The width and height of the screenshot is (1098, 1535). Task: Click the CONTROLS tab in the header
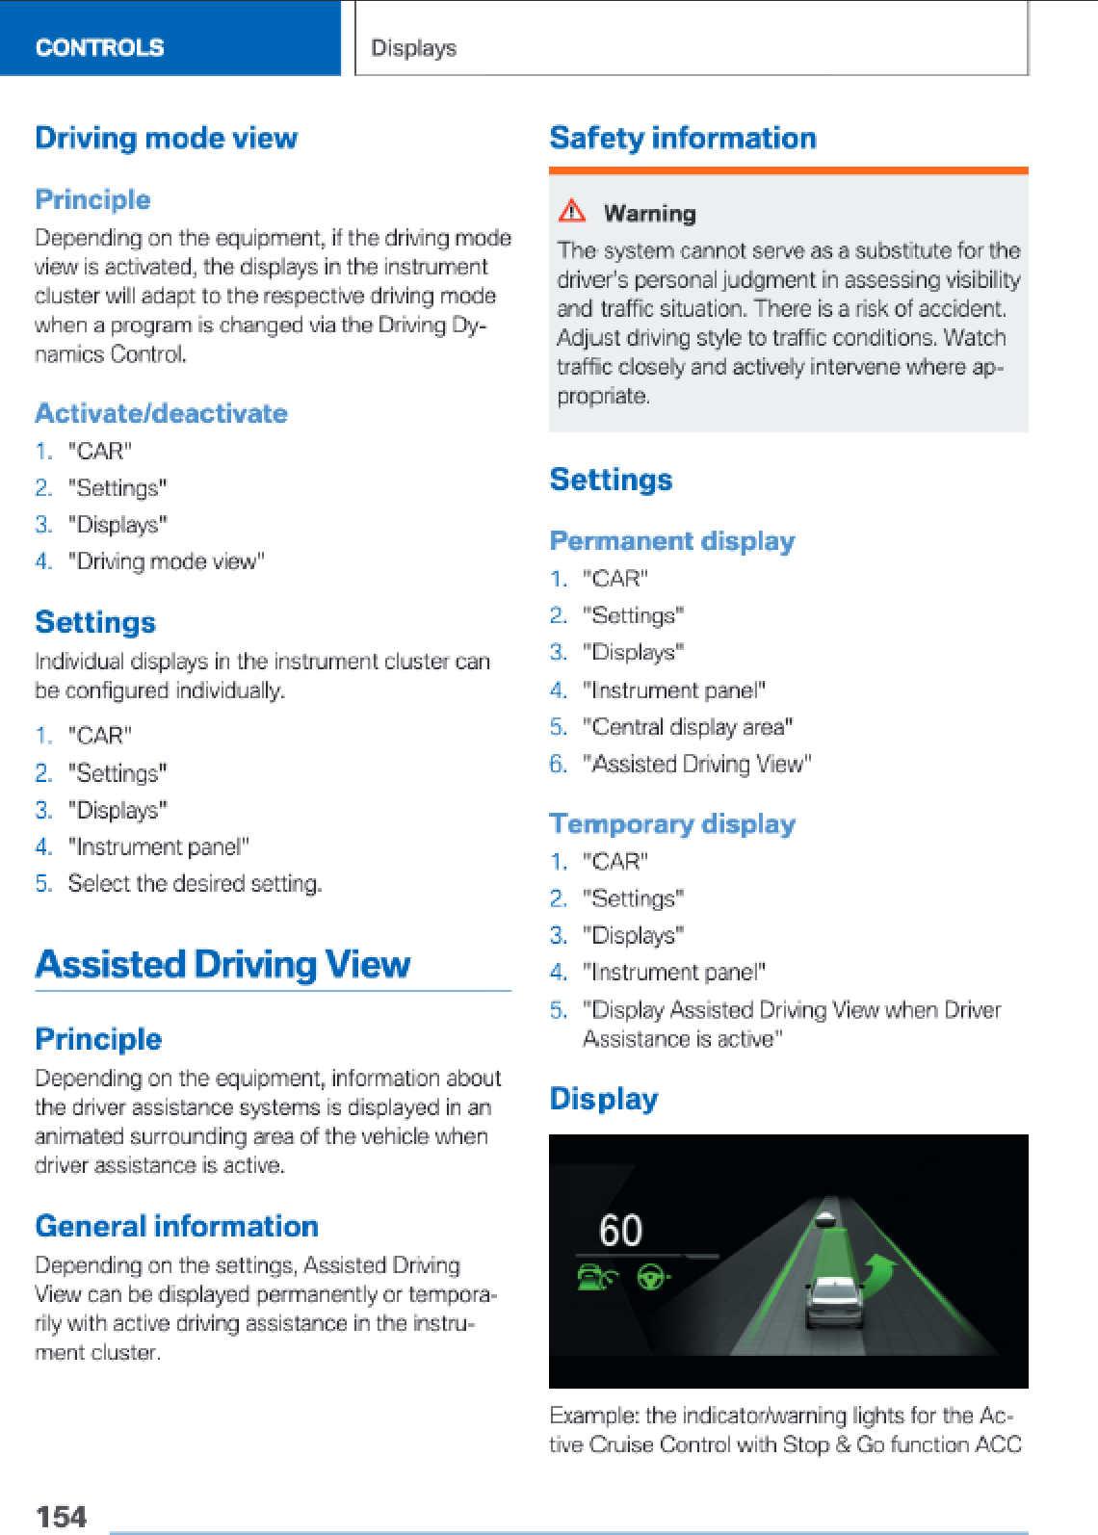(99, 47)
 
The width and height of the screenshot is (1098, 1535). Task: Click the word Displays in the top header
(414, 48)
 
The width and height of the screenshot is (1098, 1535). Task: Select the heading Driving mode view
(167, 138)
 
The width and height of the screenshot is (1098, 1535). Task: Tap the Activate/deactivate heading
(161, 413)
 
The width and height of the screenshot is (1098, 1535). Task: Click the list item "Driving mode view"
(166, 561)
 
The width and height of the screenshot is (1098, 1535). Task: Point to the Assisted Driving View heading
(222, 964)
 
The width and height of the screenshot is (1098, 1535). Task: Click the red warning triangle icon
(572, 211)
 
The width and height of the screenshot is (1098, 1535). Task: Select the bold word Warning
(649, 213)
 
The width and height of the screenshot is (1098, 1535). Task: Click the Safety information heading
(683, 138)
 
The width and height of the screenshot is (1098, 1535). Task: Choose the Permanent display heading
(672, 541)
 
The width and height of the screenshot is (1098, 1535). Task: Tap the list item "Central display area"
(688, 727)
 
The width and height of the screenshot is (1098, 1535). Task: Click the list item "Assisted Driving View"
(697, 764)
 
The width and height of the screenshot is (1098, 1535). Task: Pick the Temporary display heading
(672, 824)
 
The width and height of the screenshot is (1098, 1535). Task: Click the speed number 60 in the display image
(620, 1231)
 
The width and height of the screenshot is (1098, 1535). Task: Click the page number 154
(62, 1517)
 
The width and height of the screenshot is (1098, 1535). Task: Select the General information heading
(176, 1226)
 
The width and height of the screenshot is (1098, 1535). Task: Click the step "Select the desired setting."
(195, 883)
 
